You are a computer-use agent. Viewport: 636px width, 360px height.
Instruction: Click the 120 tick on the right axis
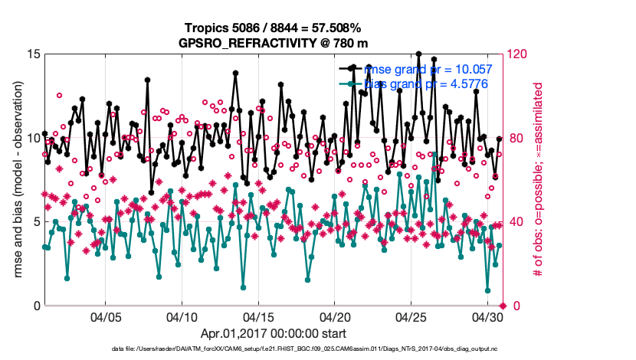pyautogui.click(x=518, y=54)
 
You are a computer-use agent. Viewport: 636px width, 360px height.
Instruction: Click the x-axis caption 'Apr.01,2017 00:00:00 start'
pyautogui.click(x=274, y=334)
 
